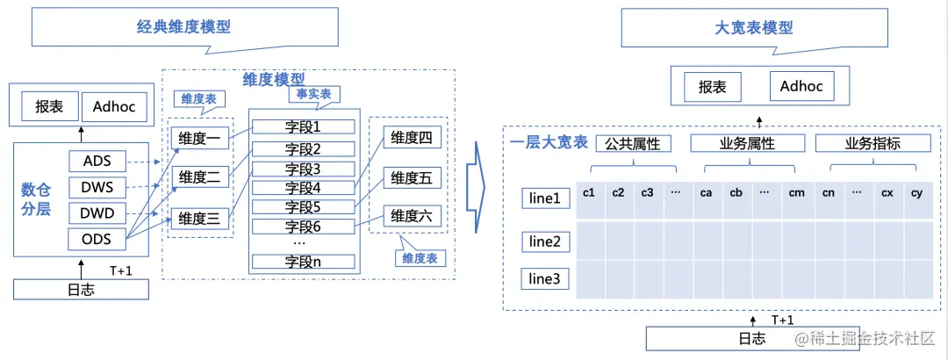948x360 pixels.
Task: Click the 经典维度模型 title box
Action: point(183,26)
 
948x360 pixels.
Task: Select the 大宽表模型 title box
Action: point(753,27)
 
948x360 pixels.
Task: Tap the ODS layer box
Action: point(97,238)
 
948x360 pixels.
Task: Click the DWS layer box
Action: point(97,187)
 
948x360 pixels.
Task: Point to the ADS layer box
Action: point(97,162)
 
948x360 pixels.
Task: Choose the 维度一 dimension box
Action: point(199,138)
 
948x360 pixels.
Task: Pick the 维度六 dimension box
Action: point(412,216)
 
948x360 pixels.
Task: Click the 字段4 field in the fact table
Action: point(303,188)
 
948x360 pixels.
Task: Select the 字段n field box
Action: point(303,261)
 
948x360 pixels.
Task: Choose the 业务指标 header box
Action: point(872,143)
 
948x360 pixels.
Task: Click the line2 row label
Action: point(543,241)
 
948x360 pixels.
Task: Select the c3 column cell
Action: point(647,192)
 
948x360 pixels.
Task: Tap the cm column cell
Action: point(796,192)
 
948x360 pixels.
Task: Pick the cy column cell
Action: point(916,192)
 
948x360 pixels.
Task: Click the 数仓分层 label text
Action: point(38,199)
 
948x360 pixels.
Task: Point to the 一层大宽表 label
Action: point(549,142)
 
